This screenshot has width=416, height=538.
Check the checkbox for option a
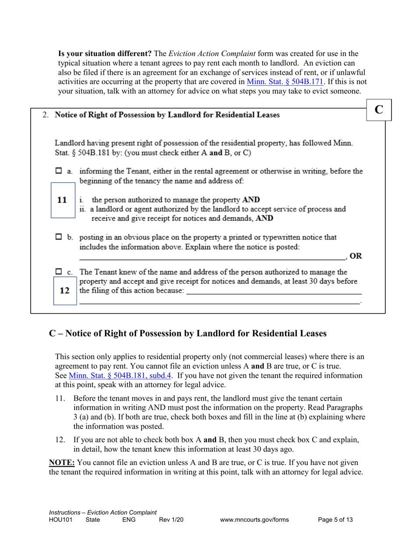pyautogui.click(x=59, y=171)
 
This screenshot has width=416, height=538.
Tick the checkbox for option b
pyautogui.click(x=59, y=238)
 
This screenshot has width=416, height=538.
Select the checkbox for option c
pyautogui.click(x=59, y=272)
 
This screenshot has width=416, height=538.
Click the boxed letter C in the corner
pyautogui.click(x=379, y=110)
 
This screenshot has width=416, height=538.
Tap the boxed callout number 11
pyautogui.click(x=62, y=200)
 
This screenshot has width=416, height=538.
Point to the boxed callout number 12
pyautogui.click(x=64, y=290)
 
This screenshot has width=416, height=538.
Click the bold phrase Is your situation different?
pyautogui.click(x=105, y=54)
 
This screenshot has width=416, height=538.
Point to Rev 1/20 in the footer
pyautogui.click(x=171, y=520)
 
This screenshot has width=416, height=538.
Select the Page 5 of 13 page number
pyautogui.click(x=335, y=520)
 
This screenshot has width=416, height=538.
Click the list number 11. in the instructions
pyautogui.click(x=61, y=398)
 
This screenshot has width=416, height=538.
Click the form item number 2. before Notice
pyautogui.click(x=46, y=115)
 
